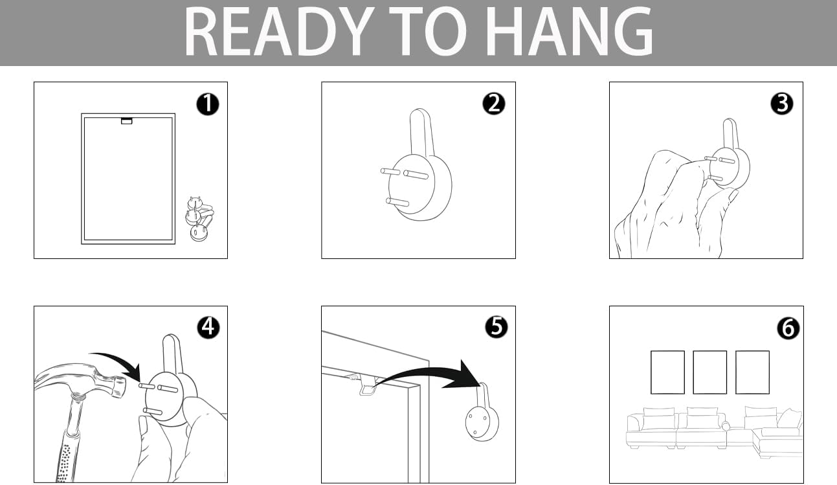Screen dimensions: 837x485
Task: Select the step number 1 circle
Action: [x=208, y=104]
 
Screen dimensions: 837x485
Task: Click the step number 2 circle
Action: [x=494, y=104]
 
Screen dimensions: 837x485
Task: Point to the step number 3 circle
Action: [x=782, y=104]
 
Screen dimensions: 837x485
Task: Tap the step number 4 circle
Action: [x=208, y=327]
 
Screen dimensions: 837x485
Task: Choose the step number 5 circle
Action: [x=497, y=327]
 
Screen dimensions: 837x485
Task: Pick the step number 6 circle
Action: [x=788, y=328]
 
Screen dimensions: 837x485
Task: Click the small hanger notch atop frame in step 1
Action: [x=127, y=121]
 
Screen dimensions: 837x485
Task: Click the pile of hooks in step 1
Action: [x=199, y=219]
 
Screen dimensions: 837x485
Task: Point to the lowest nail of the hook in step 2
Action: [x=397, y=203]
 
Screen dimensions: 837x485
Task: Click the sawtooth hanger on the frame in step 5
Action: [x=369, y=386]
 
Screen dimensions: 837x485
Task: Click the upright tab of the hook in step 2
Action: [x=422, y=133]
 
